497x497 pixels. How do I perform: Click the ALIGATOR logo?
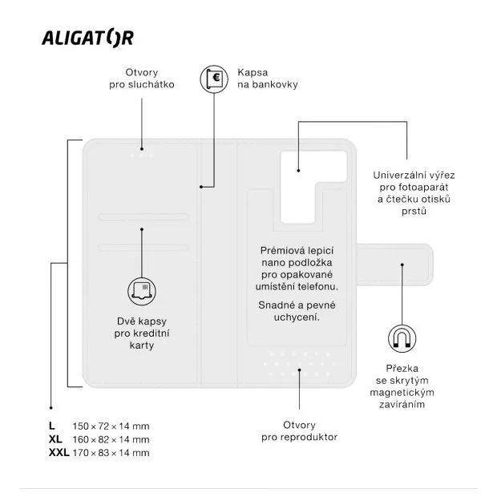(88, 38)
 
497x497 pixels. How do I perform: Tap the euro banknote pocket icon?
(214, 79)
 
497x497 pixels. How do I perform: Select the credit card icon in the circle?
(142, 291)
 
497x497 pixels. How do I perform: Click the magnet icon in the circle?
(402, 338)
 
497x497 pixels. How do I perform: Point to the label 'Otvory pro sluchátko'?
(142, 79)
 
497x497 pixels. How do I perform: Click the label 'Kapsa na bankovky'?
(268, 79)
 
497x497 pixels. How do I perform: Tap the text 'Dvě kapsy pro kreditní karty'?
(142, 333)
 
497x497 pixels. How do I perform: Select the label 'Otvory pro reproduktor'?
(299, 430)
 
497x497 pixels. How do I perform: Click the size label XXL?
(59, 453)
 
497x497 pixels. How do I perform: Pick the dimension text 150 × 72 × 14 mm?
(111, 426)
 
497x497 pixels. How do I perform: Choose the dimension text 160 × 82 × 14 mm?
(111, 439)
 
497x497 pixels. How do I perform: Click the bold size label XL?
(55, 439)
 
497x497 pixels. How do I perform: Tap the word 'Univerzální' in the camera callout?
(396, 176)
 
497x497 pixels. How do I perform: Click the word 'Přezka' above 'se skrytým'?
(402, 368)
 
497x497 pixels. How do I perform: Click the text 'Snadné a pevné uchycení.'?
(297, 311)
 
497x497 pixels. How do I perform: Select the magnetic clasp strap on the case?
(394, 265)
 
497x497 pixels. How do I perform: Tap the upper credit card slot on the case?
(143, 216)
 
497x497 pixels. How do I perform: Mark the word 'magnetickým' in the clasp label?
(402, 393)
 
